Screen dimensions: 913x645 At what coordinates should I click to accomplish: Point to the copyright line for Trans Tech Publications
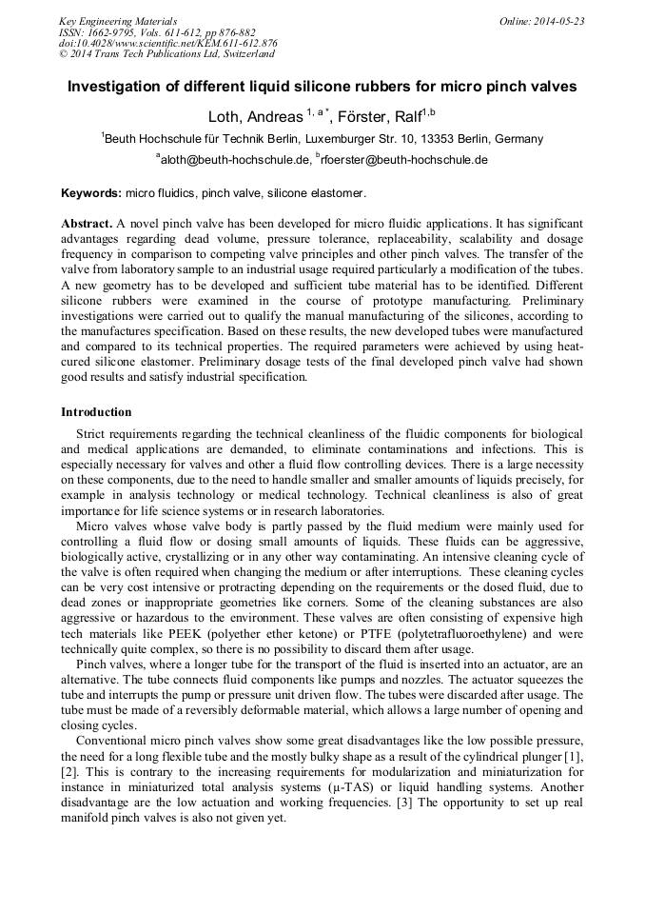tap(166, 53)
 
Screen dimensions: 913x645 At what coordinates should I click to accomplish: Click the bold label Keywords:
tap(91, 193)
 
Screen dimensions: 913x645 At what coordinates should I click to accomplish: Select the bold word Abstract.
tap(87, 225)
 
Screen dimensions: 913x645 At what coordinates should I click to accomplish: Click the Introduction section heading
tap(96, 412)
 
